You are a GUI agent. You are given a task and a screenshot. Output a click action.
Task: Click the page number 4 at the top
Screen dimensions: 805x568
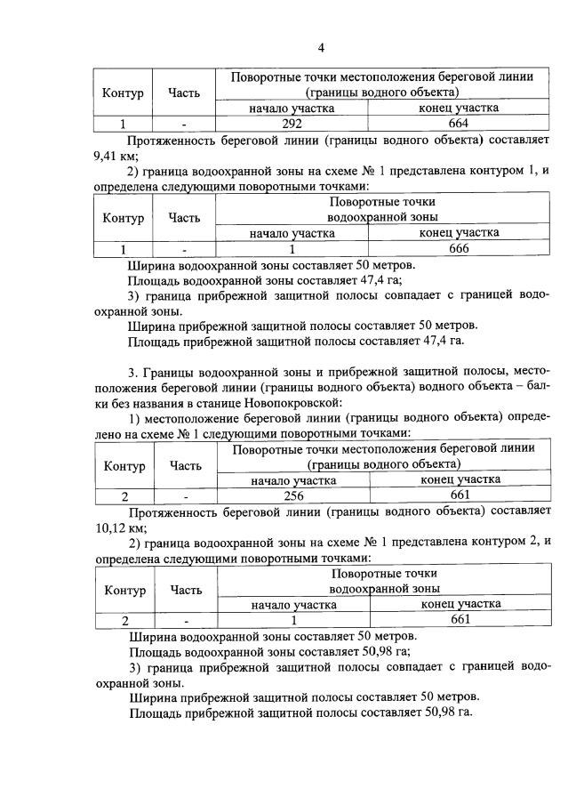point(321,47)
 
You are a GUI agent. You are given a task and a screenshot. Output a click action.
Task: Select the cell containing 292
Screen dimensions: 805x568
point(292,125)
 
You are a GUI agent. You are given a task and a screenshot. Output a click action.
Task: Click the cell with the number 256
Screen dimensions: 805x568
point(292,495)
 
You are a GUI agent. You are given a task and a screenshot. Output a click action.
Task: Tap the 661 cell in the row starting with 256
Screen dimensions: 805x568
point(460,495)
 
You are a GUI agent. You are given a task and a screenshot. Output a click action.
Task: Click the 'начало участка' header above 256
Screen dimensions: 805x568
point(292,479)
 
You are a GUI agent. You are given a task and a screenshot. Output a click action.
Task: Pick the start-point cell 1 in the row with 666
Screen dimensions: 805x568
point(292,249)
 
